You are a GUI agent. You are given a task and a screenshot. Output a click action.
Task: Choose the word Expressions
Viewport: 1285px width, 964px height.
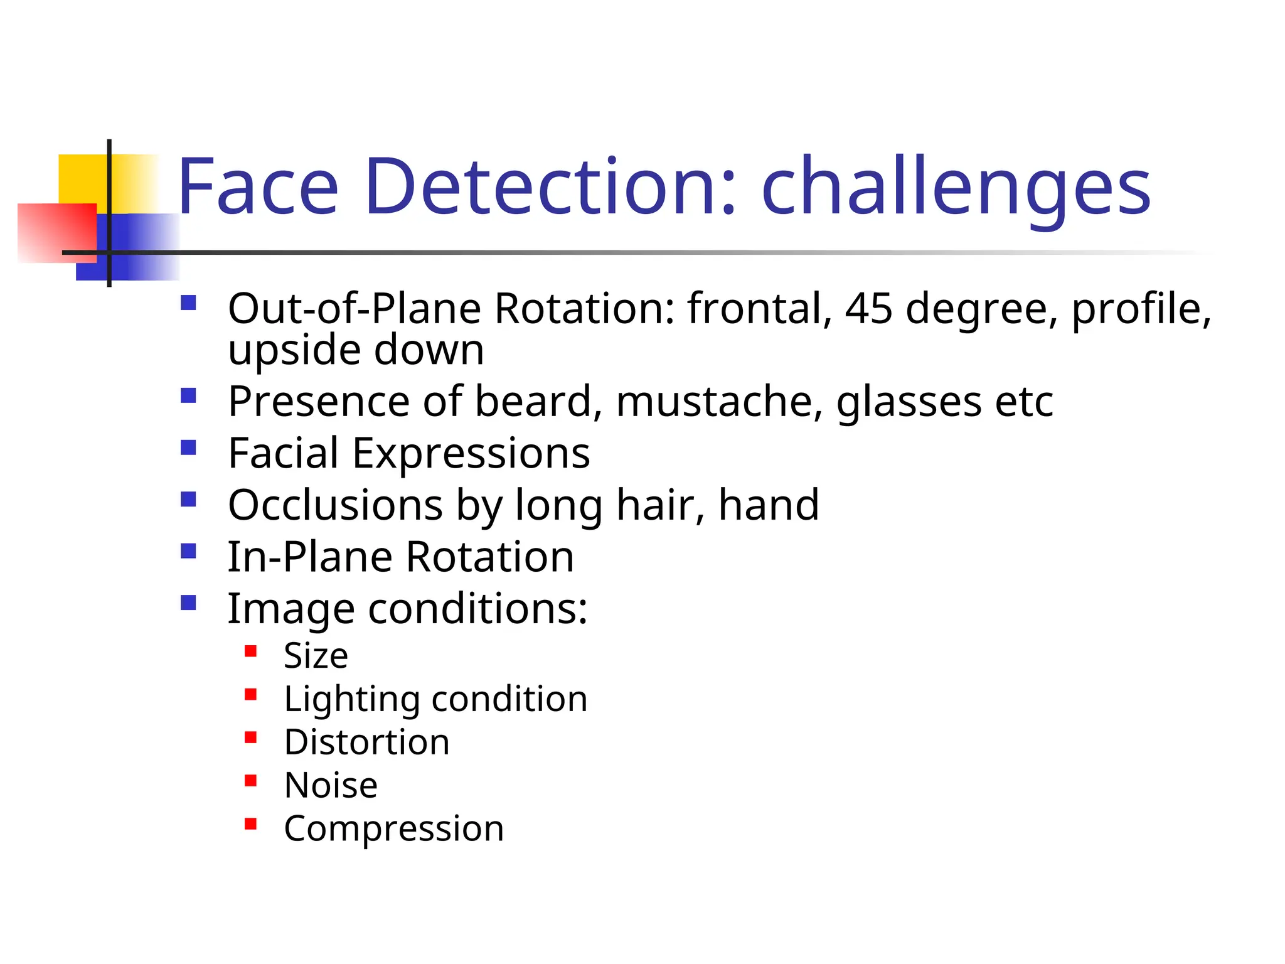pyautogui.click(x=471, y=454)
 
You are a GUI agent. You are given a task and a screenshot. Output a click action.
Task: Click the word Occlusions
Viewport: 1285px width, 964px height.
pyautogui.click(x=336, y=505)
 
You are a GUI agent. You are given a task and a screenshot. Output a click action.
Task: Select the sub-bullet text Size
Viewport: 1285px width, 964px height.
pyautogui.click(x=316, y=656)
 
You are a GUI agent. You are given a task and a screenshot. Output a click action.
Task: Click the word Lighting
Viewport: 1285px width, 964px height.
pyautogui.click(x=351, y=700)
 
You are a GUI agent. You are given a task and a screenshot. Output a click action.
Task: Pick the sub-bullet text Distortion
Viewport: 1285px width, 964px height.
pyautogui.click(x=366, y=742)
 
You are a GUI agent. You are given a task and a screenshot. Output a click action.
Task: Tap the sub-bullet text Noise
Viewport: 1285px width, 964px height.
pyautogui.click(x=331, y=786)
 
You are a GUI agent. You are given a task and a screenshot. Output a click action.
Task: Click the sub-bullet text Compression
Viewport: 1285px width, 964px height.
pyautogui.click(x=393, y=829)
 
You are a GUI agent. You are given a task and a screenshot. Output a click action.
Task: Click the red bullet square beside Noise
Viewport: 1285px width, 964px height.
pyautogui.click(x=250, y=781)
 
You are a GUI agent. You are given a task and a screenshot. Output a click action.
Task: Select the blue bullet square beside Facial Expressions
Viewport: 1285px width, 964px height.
pyautogui.click(x=188, y=447)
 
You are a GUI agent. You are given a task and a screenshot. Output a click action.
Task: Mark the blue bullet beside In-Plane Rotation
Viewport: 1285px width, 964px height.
pyautogui.click(x=188, y=551)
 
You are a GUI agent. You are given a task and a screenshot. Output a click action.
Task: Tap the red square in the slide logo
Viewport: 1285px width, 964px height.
pyautogui.click(x=56, y=232)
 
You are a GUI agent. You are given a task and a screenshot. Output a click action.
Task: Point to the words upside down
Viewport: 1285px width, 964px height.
pyautogui.click(x=356, y=350)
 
